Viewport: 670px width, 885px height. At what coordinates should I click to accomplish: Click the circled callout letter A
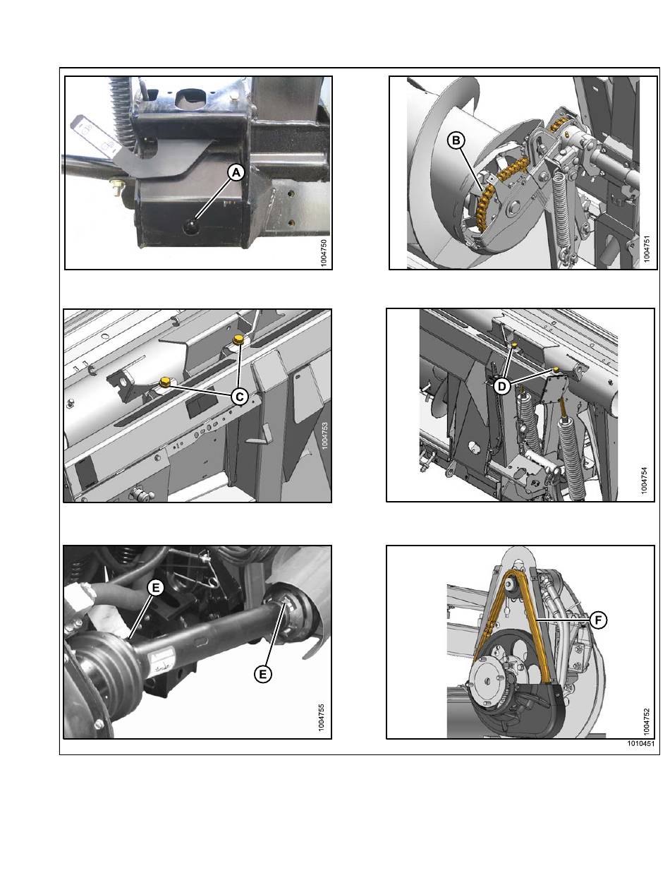pyautogui.click(x=236, y=173)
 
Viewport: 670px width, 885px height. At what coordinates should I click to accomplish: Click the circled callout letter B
pyautogui.click(x=456, y=140)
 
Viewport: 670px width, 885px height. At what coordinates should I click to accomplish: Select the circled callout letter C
pyautogui.click(x=239, y=397)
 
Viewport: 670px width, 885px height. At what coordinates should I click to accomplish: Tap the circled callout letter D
pyautogui.click(x=502, y=387)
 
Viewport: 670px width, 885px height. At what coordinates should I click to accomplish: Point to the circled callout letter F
pyautogui.click(x=598, y=620)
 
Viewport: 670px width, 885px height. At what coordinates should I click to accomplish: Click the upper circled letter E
pyautogui.click(x=156, y=587)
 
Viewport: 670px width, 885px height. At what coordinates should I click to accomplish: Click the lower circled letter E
pyautogui.click(x=262, y=674)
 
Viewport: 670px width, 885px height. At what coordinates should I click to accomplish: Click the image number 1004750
pyautogui.click(x=324, y=253)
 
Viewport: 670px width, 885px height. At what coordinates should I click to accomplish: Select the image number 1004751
pyautogui.click(x=647, y=249)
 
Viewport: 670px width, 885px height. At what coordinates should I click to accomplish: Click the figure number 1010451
pyautogui.click(x=640, y=743)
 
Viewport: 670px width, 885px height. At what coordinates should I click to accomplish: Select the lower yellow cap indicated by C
pyautogui.click(x=165, y=381)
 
